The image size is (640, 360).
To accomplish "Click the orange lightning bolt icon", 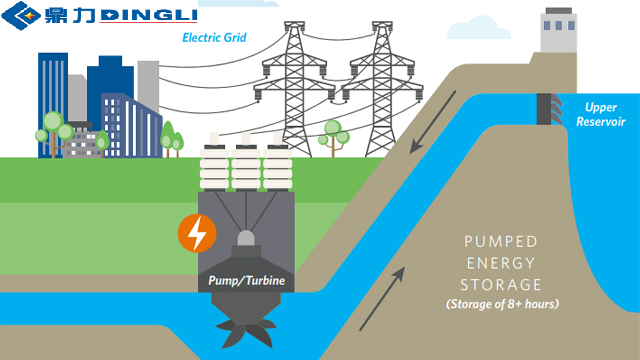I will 197,233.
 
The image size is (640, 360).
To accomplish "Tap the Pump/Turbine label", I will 246,281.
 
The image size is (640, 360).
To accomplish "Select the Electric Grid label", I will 214,39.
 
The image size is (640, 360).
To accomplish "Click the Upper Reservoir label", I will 601,113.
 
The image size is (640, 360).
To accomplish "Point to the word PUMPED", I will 501,242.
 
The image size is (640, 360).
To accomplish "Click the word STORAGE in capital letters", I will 502,285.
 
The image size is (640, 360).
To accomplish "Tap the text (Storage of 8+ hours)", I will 502,304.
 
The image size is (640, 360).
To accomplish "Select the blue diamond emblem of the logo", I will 23,16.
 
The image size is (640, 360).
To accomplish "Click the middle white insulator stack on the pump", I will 246,165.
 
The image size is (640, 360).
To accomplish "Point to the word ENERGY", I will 502,264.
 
